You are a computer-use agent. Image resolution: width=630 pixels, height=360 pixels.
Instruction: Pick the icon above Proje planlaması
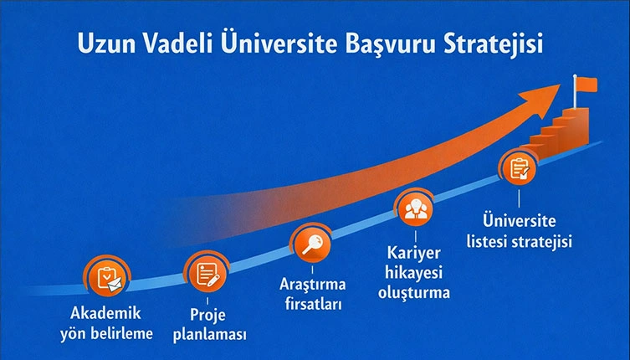tap(205, 273)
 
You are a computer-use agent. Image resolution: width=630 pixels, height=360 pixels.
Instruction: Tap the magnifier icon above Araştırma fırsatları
tap(310, 244)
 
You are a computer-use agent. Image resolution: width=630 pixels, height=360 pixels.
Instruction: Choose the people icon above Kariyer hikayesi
tap(414, 209)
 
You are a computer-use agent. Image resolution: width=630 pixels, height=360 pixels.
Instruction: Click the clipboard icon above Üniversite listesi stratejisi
tap(519, 168)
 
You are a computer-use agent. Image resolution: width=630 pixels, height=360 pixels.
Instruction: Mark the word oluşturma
tap(413, 293)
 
